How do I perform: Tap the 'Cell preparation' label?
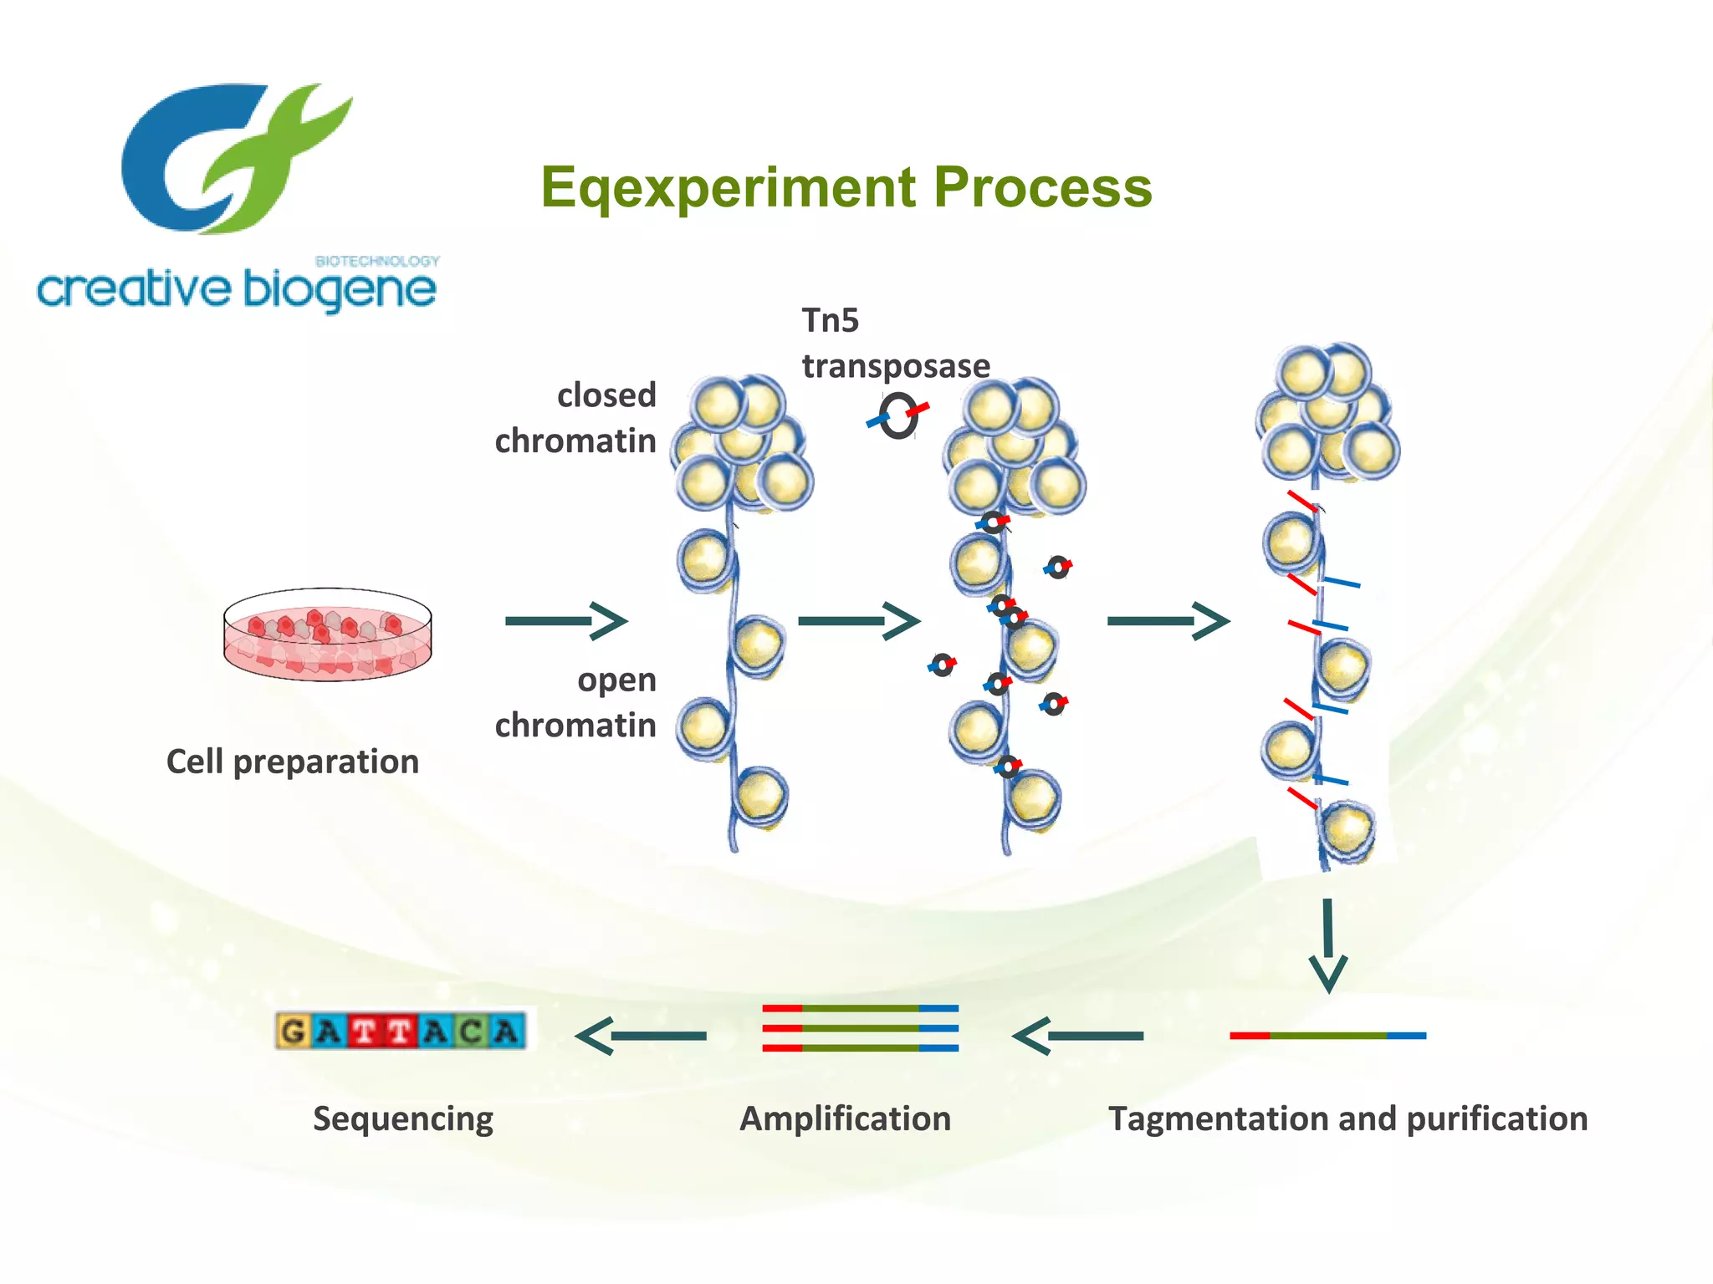coord(293,762)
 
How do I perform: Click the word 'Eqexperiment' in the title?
coord(728,187)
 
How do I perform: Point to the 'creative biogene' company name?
coord(236,290)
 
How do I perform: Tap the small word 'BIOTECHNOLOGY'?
coord(377,261)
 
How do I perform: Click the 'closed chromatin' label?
coord(576,418)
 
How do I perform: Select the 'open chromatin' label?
coord(576,702)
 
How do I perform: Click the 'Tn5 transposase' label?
coord(895,344)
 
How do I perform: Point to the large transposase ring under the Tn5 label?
coord(898,416)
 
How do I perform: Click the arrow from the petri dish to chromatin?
coord(566,620)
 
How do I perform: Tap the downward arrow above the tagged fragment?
coord(1327,945)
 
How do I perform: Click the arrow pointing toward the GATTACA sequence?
coord(641,1036)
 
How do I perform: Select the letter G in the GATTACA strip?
coord(293,1031)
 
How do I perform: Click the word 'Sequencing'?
coord(403,1118)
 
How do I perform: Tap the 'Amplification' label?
coord(846,1118)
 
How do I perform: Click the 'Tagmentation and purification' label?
coord(1347,1118)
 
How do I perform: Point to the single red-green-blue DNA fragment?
coord(1327,1036)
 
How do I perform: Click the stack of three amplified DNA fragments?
coord(860,1028)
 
